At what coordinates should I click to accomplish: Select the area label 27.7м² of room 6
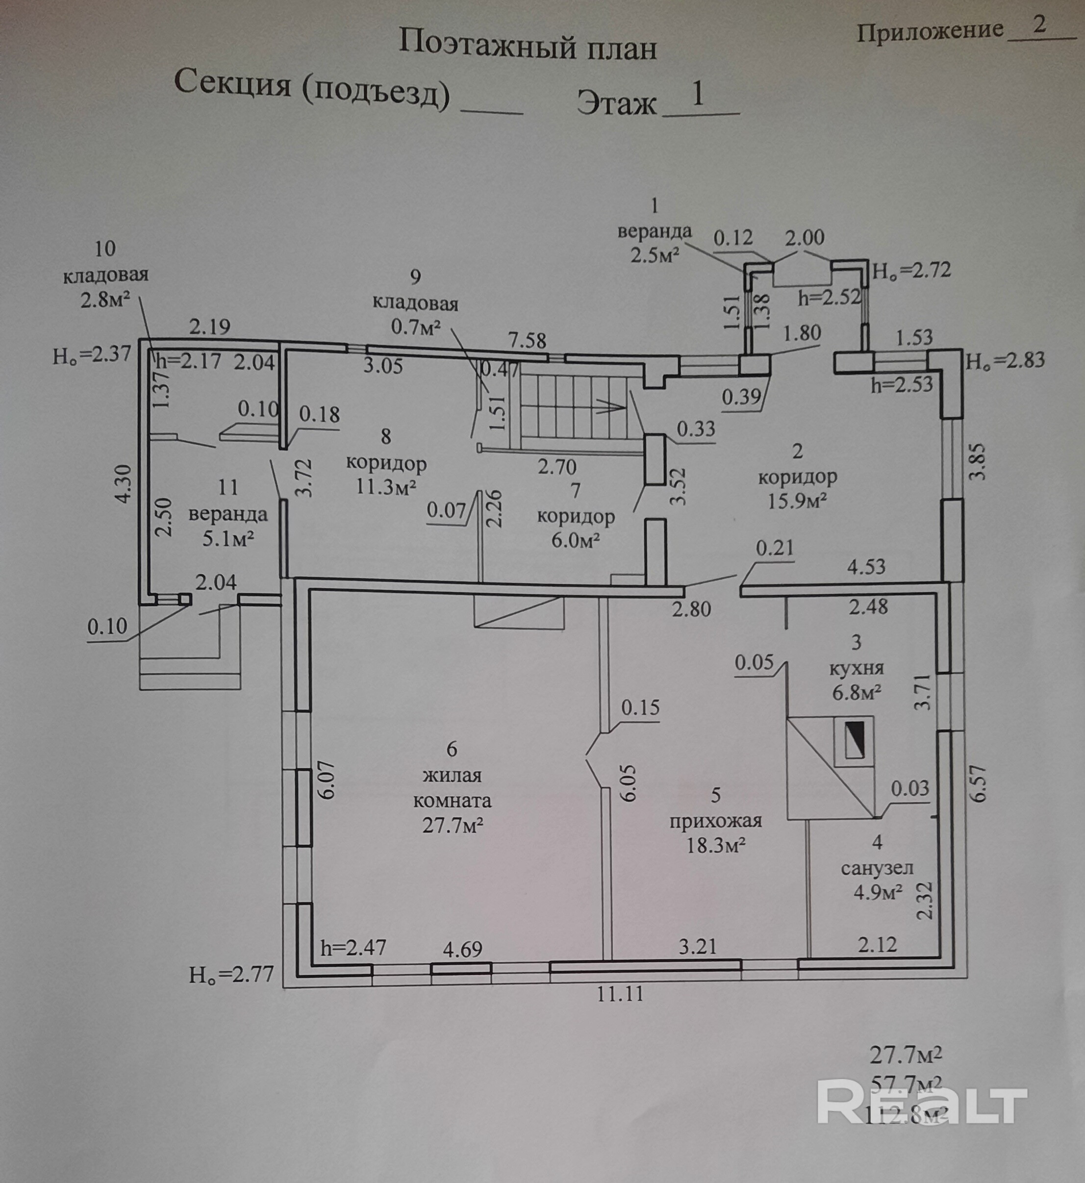453,826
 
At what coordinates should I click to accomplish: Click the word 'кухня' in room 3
856,668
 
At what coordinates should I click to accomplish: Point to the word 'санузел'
877,868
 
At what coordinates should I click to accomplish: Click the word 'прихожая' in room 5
716,820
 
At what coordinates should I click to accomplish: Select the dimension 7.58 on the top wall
527,341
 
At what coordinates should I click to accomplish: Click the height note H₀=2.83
1005,360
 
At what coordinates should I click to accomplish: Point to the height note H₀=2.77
231,975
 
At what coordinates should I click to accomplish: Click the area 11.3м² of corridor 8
386,487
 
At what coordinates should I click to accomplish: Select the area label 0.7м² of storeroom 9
416,327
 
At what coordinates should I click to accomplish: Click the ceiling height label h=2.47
353,948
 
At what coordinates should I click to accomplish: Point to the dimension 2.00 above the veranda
805,238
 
